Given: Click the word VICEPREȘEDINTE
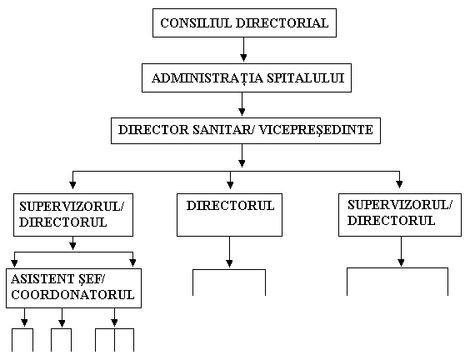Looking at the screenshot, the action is pyautogui.click(x=316, y=130).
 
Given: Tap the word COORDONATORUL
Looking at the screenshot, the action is pyautogui.click(x=72, y=295).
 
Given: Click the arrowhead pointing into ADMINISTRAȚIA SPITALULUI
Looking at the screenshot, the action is pyautogui.click(x=243, y=57).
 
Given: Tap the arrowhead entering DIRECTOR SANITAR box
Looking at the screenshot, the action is pyautogui.click(x=242, y=112).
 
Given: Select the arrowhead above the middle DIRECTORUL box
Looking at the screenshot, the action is pyautogui.click(x=230, y=185).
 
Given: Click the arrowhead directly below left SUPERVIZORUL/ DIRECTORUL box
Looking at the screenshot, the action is pyautogui.click(x=72, y=246).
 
